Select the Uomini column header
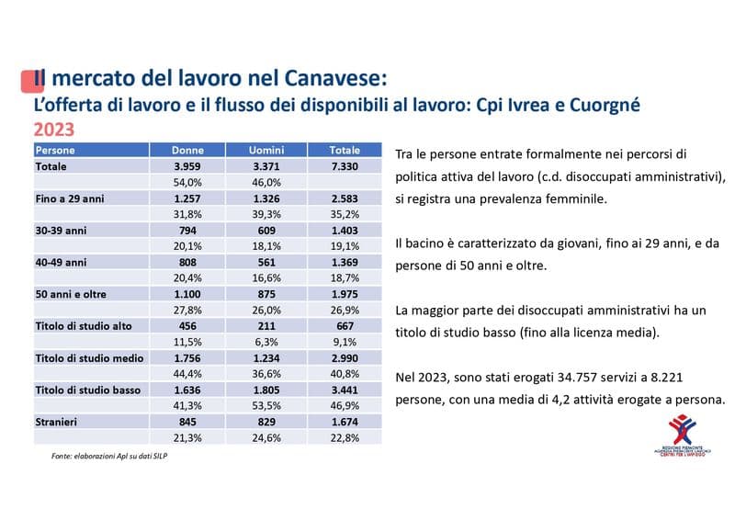click(x=265, y=150)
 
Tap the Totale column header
click(x=344, y=150)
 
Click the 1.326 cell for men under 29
click(x=265, y=198)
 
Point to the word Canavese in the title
click(x=336, y=78)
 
